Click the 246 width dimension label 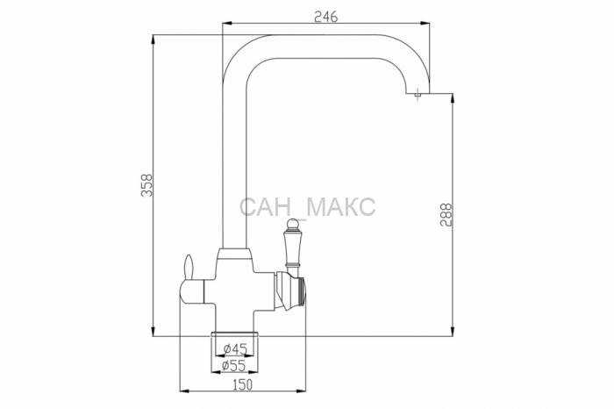[x=325, y=17]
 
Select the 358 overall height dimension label [x=146, y=185]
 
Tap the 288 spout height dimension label [x=446, y=214]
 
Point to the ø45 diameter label [x=235, y=348]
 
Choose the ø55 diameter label [x=233, y=365]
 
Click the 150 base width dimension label [x=243, y=384]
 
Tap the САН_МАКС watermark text [x=307, y=208]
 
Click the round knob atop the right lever [x=292, y=224]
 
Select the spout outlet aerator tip [x=418, y=95]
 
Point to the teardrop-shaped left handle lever [x=189, y=268]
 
